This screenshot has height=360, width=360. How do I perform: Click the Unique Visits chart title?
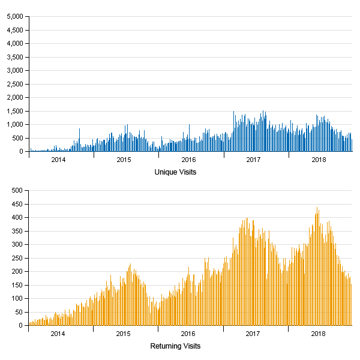(x=175, y=172)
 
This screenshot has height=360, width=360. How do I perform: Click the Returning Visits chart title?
(x=175, y=346)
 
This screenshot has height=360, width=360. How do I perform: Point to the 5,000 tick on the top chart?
(x=14, y=17)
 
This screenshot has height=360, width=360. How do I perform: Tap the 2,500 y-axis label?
(x=14, y=84)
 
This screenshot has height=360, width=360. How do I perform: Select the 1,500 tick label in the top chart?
(x=14, y=111)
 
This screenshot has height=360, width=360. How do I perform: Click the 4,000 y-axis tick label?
(x=14, y=44)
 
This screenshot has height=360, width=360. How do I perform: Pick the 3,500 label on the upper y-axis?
(x=14, y=57)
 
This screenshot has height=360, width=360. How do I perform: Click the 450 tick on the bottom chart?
(x=16, y=204)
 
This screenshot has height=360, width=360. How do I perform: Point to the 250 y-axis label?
(x=16, y=258)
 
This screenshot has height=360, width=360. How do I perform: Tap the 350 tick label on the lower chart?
(x=16, y=231)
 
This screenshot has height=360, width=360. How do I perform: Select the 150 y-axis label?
(x=16, y=285)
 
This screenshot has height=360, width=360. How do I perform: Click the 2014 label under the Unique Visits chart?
(x=58, y=160)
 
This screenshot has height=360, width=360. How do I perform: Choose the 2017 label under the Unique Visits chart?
(x=253, y=160)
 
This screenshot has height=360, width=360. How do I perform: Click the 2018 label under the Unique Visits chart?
(x=319, y=160)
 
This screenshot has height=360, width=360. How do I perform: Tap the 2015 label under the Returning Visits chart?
(x=123, y=334)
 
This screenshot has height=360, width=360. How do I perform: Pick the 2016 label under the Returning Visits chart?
(x=188, y=334)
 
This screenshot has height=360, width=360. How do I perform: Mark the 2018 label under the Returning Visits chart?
(x=319, y=334)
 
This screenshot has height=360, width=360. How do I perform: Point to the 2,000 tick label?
(x=14, y=98)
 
